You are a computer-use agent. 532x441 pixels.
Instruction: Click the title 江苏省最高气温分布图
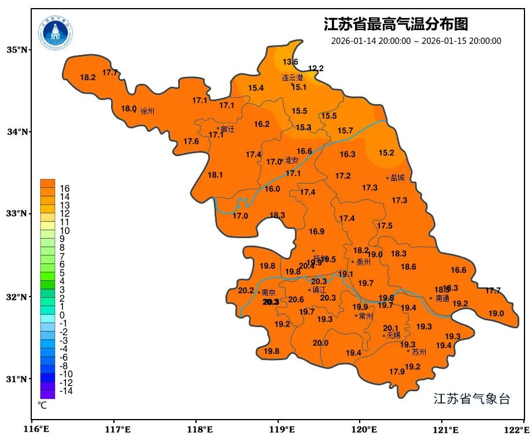396,25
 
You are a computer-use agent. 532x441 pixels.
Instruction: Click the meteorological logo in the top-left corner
56,33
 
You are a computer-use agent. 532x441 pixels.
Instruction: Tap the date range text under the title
416,41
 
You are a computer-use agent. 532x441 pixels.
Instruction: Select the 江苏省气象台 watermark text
471,399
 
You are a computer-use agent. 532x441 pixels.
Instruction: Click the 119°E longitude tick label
282,430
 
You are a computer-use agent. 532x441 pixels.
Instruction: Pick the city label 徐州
147,111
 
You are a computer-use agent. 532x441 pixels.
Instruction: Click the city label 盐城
398,178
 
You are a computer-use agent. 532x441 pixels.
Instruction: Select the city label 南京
268,292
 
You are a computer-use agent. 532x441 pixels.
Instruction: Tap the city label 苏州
419,351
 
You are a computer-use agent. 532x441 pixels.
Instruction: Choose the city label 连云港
293,77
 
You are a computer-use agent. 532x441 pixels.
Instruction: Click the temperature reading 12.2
316,68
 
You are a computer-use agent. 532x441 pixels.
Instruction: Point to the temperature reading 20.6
296,299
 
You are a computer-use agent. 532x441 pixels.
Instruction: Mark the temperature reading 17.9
397,372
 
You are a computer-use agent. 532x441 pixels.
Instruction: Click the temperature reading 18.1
216,175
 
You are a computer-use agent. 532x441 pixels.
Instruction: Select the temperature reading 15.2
386,153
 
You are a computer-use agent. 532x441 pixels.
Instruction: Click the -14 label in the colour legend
65,391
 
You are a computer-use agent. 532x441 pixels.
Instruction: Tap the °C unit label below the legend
42,406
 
